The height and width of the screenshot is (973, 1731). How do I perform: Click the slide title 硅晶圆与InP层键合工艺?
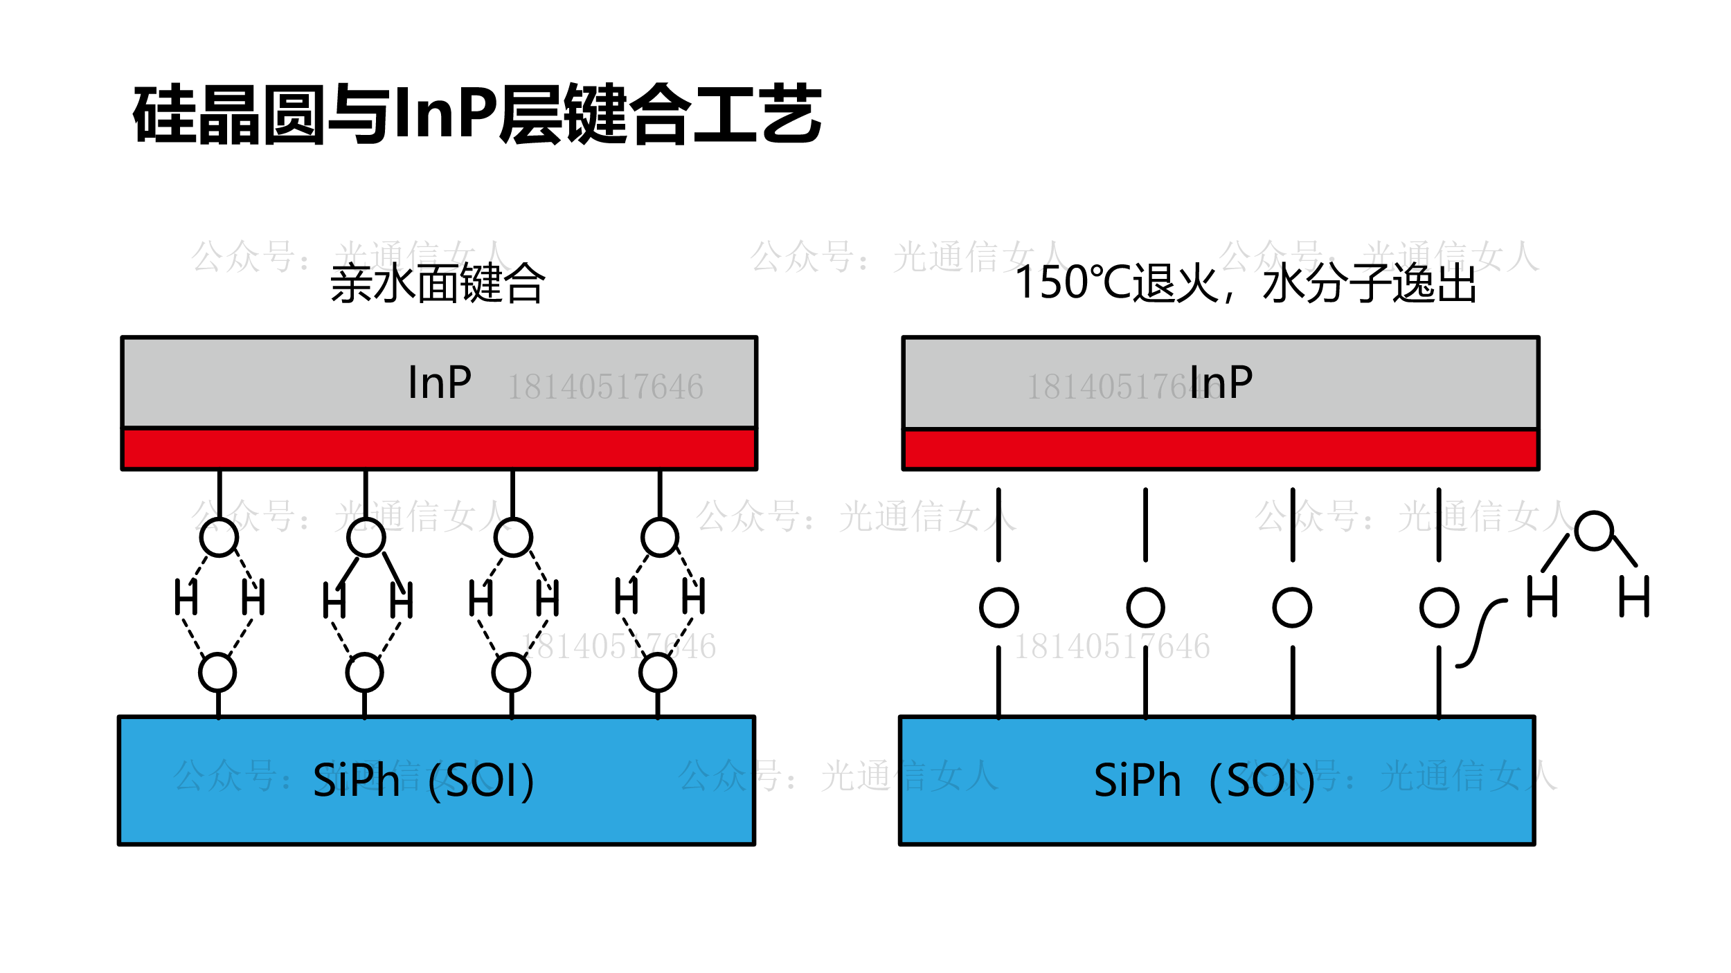tap(477, 114)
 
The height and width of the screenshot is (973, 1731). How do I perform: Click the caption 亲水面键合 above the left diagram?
tap(438, 284)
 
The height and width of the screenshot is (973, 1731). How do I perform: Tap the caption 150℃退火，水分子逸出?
tap(1245, 284)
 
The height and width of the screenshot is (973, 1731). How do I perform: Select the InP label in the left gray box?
tap(440, 383)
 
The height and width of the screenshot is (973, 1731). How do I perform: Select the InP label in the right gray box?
tap(1221, 383)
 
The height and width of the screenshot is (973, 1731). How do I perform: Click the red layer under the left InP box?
tap(439, 449)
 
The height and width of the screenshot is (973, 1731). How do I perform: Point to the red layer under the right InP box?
tap(1221, 450)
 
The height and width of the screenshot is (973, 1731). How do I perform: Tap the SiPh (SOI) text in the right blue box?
tap(1205, 781)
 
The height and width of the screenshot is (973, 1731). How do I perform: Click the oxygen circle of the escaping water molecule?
tap(1594, 531)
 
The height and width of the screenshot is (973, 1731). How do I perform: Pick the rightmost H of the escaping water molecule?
tap(1634, 597)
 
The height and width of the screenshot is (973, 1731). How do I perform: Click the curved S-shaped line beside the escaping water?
tap(1480, 633)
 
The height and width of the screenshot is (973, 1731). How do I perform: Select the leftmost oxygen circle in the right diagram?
tap(998, 608)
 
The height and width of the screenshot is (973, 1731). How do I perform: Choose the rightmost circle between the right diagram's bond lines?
tap(1439, 608)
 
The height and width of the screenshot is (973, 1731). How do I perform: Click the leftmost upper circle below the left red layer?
tap(219, 537)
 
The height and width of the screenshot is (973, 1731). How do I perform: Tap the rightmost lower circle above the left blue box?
tap(658, 673)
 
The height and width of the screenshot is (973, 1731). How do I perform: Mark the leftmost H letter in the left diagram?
tap(186, 597)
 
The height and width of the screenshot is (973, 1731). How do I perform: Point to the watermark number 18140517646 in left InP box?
tap(605, 387)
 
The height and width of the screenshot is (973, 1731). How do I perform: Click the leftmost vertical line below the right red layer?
tap(998, 525)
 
